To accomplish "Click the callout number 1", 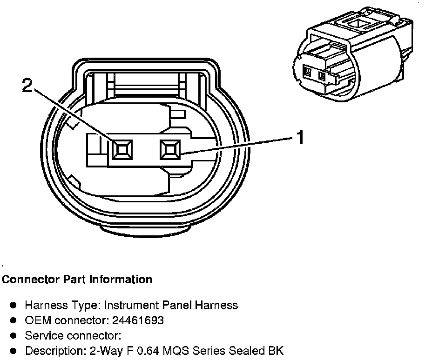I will [301, 137].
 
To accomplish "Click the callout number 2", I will [28, 87].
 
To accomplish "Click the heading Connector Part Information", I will [77, 280].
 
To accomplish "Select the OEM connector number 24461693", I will [141, 320].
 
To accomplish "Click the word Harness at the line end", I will [218, 305].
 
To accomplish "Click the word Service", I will [44, 335].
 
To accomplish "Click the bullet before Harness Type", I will [14, 305].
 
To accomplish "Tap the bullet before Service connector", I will [14, 335].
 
